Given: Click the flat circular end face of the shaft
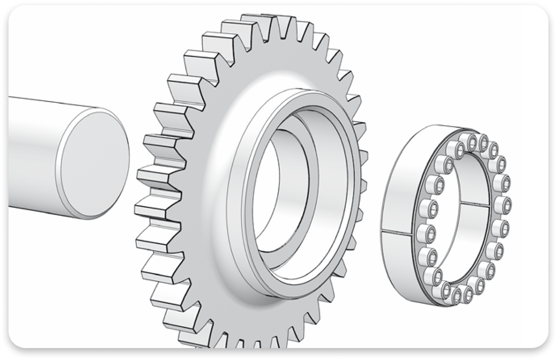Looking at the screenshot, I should coord(95,164).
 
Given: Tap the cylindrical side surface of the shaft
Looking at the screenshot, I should coord(34,154).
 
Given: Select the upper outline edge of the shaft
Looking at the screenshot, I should coord(51,101).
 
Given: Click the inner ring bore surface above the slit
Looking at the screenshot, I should coord(469,179).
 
